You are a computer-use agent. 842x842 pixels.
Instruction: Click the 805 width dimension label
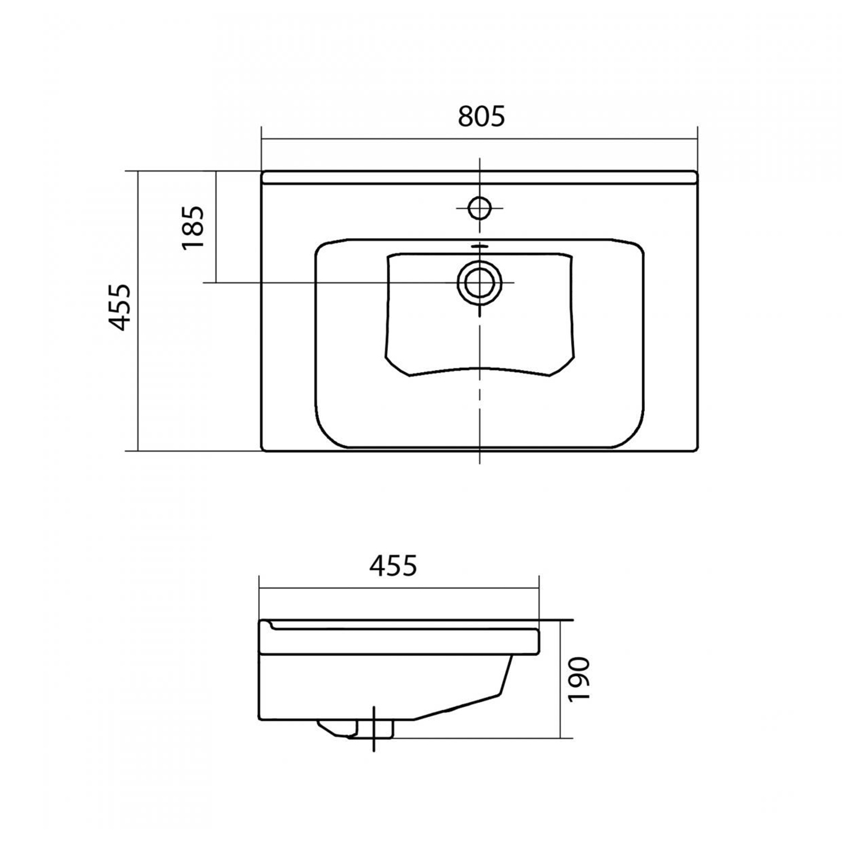[482, 116]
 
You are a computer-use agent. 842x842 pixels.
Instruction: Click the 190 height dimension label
[579, 679]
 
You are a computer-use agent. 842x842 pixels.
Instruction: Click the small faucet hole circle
[480, 208]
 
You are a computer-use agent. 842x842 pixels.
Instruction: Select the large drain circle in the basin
[480, 282]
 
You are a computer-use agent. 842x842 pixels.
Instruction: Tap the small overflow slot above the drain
[479, 246]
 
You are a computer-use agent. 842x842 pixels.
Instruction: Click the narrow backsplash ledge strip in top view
[480, 177]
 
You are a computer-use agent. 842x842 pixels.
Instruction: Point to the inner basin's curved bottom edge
[480, 369]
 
